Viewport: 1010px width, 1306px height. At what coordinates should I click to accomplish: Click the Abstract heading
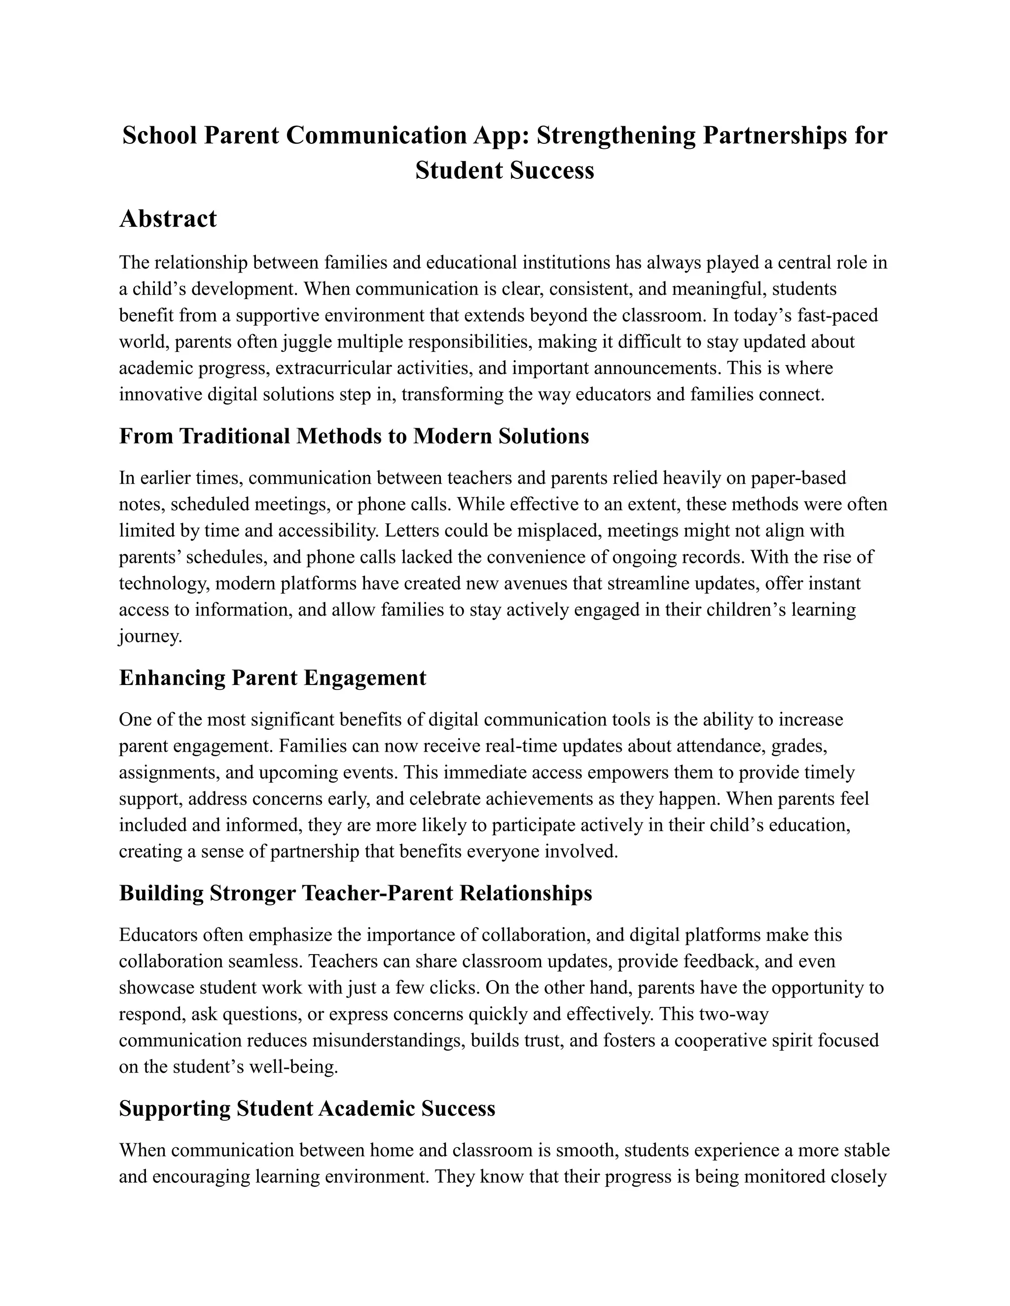click(168, 219)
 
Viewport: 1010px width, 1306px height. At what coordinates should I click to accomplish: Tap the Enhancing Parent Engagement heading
click(272, 678)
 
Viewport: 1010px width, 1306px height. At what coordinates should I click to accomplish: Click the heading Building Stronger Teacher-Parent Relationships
click(356, 893)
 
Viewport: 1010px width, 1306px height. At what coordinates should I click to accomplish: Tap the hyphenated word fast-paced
click(838, 315)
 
